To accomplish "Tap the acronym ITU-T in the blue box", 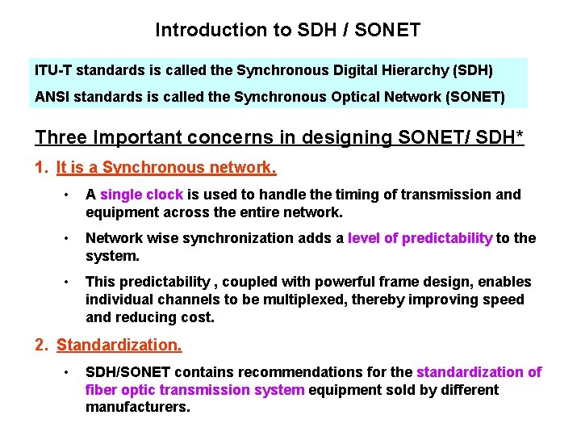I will (x=52, y=70).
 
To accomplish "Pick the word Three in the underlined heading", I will (x=60, y=137).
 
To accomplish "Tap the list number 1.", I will (x=42, y=168).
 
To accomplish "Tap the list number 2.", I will (x=42, y=346).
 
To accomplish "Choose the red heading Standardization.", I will (x=119, y=346).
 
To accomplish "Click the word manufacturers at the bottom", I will (x=138, y=408).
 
